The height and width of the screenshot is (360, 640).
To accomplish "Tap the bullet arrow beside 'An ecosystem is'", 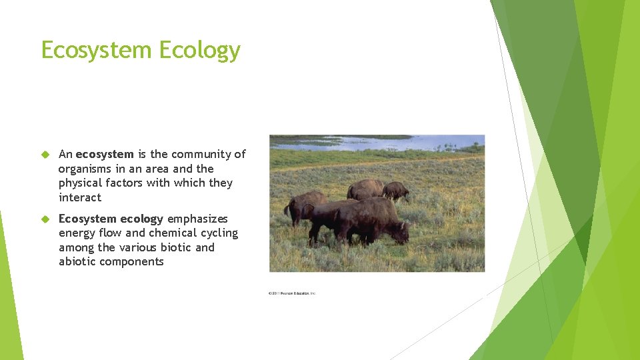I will tap(45, 155).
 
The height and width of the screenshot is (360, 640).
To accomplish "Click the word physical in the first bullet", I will tap(81, 183).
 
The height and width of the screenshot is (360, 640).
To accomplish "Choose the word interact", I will tap(80, 197).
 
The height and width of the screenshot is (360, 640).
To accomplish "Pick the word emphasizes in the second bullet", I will tap(197, 219).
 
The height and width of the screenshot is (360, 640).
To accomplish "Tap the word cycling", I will tap(220, 233).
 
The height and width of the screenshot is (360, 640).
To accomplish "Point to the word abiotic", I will tap(77, 261).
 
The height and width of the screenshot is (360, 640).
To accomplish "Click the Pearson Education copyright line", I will tap(292, 293).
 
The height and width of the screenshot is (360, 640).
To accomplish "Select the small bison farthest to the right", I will tap(397, 191).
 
